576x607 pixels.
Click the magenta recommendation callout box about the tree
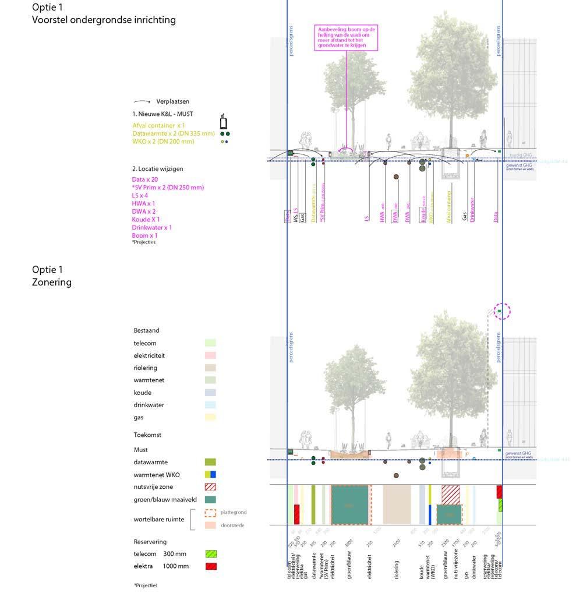pos(346,38)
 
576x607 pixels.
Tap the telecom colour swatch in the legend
pos(210,343)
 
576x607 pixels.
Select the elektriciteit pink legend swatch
pos(210,355)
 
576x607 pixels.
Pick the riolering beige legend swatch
pos(210,368)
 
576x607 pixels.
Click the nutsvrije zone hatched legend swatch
pos(210,486)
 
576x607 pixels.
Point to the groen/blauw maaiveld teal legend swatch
pos(210,499)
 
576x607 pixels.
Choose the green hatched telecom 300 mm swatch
pos(210,554)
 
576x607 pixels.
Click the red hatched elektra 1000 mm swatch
pos(210,566)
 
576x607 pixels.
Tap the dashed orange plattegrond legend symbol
pos(210,513)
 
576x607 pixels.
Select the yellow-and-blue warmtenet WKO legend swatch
pos(210,474)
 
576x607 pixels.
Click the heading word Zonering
pos(52,283)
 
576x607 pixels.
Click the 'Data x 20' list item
pos(145,179)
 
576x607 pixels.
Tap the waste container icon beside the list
pos(223,122)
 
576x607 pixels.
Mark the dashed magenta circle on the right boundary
pos(502,312)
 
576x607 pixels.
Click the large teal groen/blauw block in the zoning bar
pos(349,504)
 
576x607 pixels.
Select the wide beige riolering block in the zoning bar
pos(397,504)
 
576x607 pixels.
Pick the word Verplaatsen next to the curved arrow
pos(172,101)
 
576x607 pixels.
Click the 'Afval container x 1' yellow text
pos(158,125)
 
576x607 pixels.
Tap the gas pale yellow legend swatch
pos(210,417)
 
